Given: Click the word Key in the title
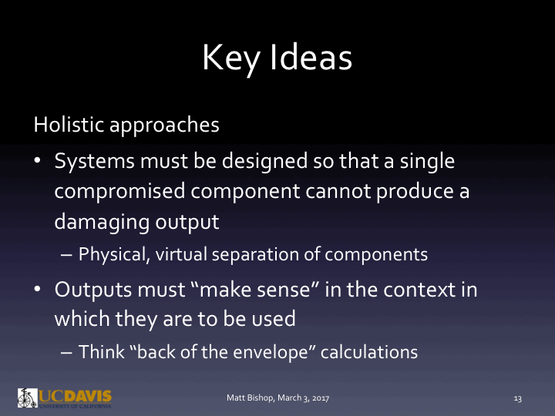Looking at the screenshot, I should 234,59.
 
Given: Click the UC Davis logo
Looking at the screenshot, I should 65,398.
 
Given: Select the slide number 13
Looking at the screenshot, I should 518,398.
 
